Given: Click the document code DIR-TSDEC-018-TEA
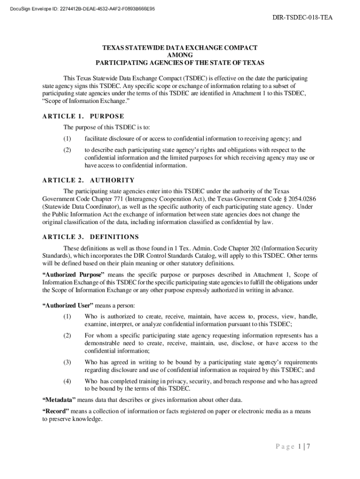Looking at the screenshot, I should (x=302, y=18).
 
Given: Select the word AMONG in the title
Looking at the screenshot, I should (x=180, y=55).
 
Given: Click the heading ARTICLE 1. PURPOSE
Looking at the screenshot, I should (x=83, y=116).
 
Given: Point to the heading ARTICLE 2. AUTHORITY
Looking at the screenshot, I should (x=88, y=180).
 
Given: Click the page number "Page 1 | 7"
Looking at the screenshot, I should (x=293, y=446).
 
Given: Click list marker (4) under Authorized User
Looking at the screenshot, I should (x=67, y=381).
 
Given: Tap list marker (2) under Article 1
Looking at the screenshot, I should (x=67, y=150).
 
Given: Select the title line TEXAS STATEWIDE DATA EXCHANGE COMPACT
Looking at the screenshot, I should (x=180, y=47).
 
